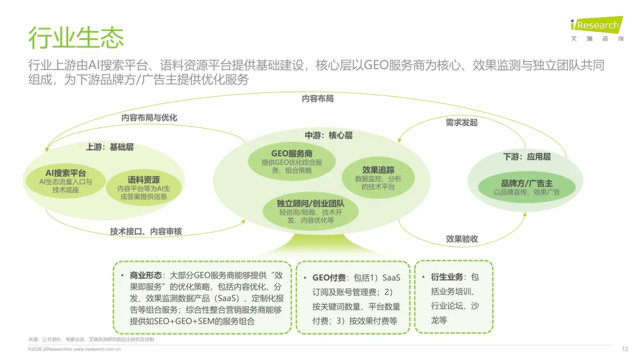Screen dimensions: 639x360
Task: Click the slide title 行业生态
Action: pyautogui.click(x=76, y=37)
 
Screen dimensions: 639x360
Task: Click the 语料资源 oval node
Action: pyautogui.click(x=144, y=188)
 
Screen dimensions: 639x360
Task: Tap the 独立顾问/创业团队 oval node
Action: pyautogui.click(x=311, y=211)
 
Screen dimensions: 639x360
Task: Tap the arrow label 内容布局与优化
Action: pyautogui.click(x=149, y=117)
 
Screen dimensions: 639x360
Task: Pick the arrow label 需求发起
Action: pyautogui.click(x=461, y=123)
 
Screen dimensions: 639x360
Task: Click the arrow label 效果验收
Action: pyautogui.click(x=461, y=239)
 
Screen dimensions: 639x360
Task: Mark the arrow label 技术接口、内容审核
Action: pyautogui.click(x=146, y=232)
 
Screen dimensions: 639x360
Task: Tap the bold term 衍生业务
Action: pyautogui.click(x=448, y=277)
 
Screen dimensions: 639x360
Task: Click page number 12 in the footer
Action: pyautogui.click(x=625, y=349)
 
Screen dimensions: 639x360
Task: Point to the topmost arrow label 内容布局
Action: pyautogui.click(x=318, y=98)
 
